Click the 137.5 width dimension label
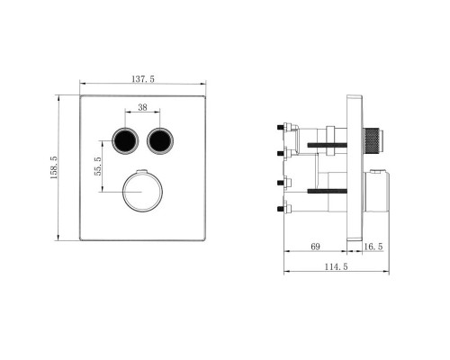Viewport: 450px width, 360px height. (x=142, y=80)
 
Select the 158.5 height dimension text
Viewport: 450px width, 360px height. (x=55, y=167)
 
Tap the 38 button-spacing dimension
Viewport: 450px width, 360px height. (x=142, y=108)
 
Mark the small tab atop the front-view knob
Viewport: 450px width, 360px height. (x=142, y=171)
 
